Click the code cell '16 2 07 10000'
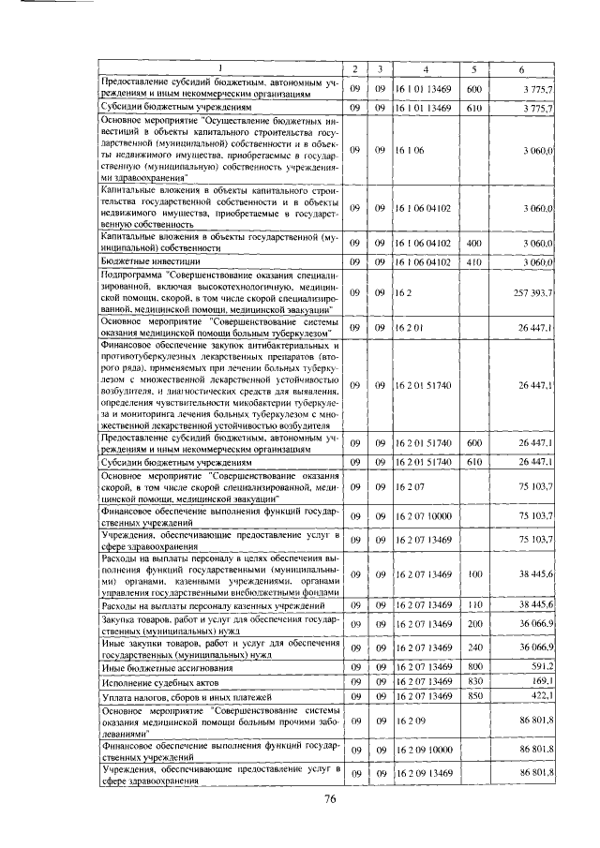424,516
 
